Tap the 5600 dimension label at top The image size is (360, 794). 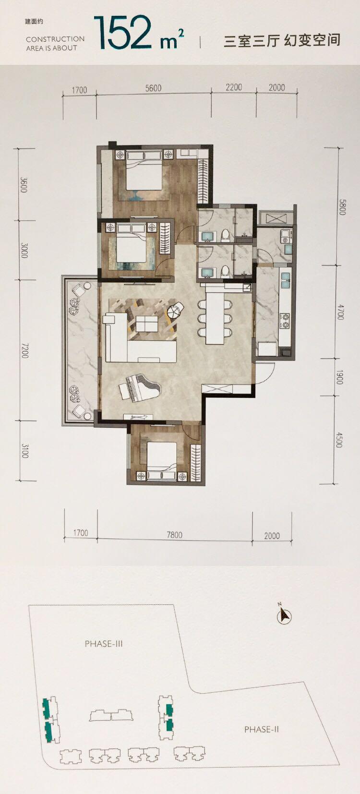(x=154, y=88)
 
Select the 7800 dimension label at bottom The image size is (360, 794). (x=175, y=534)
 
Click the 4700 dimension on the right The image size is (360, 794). (x=340, y=312)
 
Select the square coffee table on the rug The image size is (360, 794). (x=147, y=324)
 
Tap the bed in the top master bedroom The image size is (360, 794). (x=144, y=170)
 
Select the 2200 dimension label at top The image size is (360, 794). (x=234, y=87)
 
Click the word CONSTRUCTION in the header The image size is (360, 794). (x=55, y=39)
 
